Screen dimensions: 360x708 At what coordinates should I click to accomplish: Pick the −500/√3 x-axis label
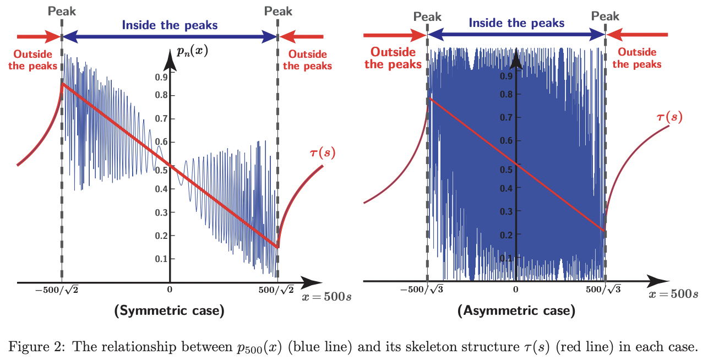tap(424, 289)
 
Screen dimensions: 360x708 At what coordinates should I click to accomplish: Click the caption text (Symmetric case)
tap(169, 311)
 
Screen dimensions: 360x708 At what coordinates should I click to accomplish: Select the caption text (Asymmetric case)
tap(516, 311)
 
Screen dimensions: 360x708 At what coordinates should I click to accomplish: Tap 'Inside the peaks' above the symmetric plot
tap(170, 25)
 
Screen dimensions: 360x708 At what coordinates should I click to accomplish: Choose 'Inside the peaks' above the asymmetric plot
tap(516, 23)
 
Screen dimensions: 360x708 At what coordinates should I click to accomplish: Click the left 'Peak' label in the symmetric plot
tap(62, 12)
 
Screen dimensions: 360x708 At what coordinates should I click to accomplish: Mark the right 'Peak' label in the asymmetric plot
tap(605, 17)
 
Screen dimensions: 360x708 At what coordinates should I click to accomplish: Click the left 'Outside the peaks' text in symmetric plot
tap(33, 60)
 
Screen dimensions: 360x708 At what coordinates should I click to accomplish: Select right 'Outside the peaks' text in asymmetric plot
tap(637, 58)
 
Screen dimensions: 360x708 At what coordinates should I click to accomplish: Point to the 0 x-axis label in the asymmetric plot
tap(516, 289)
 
